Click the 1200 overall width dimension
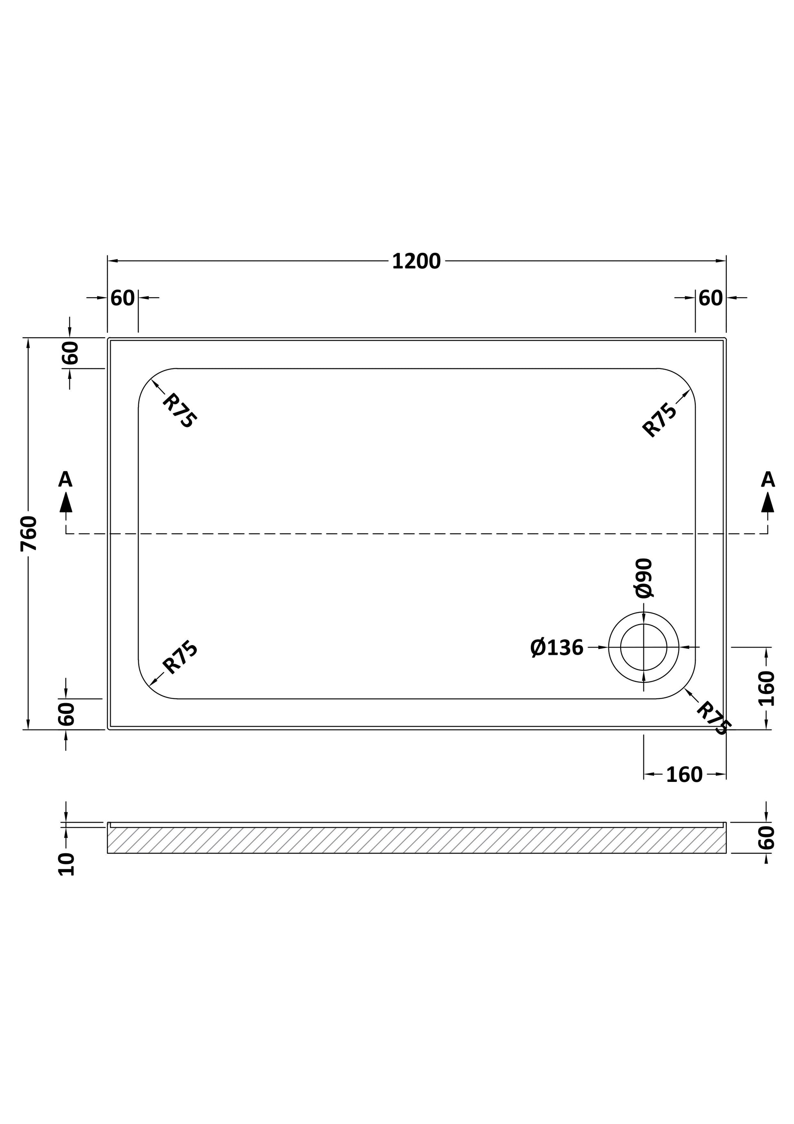[x=416, y=261]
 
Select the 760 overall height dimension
[x=29, y=533]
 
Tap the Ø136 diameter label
[x=557, y=648]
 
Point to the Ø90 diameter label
[x=644, y=578]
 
